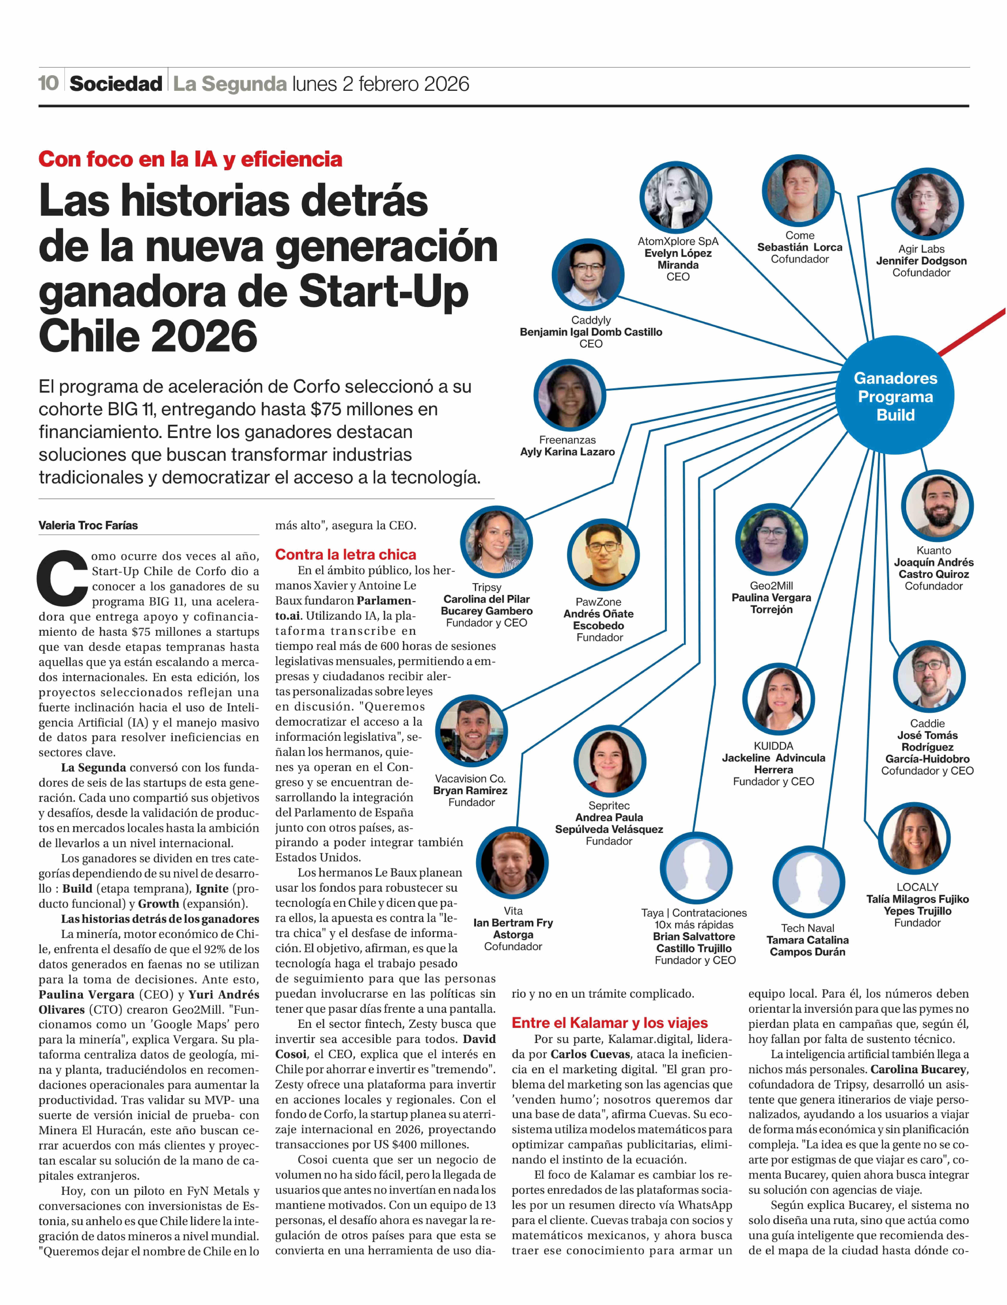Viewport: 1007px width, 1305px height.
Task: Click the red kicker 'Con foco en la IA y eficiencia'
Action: pyautogui.click(x=190, y=159)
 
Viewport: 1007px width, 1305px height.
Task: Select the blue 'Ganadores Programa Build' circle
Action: pyautogui.click(x=895, y=396)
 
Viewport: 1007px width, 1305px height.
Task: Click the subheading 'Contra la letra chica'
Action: pyautogui.click(x=346, y=555)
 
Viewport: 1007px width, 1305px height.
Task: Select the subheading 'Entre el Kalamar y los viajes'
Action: pyautogui.click(x=609, y=1022)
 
